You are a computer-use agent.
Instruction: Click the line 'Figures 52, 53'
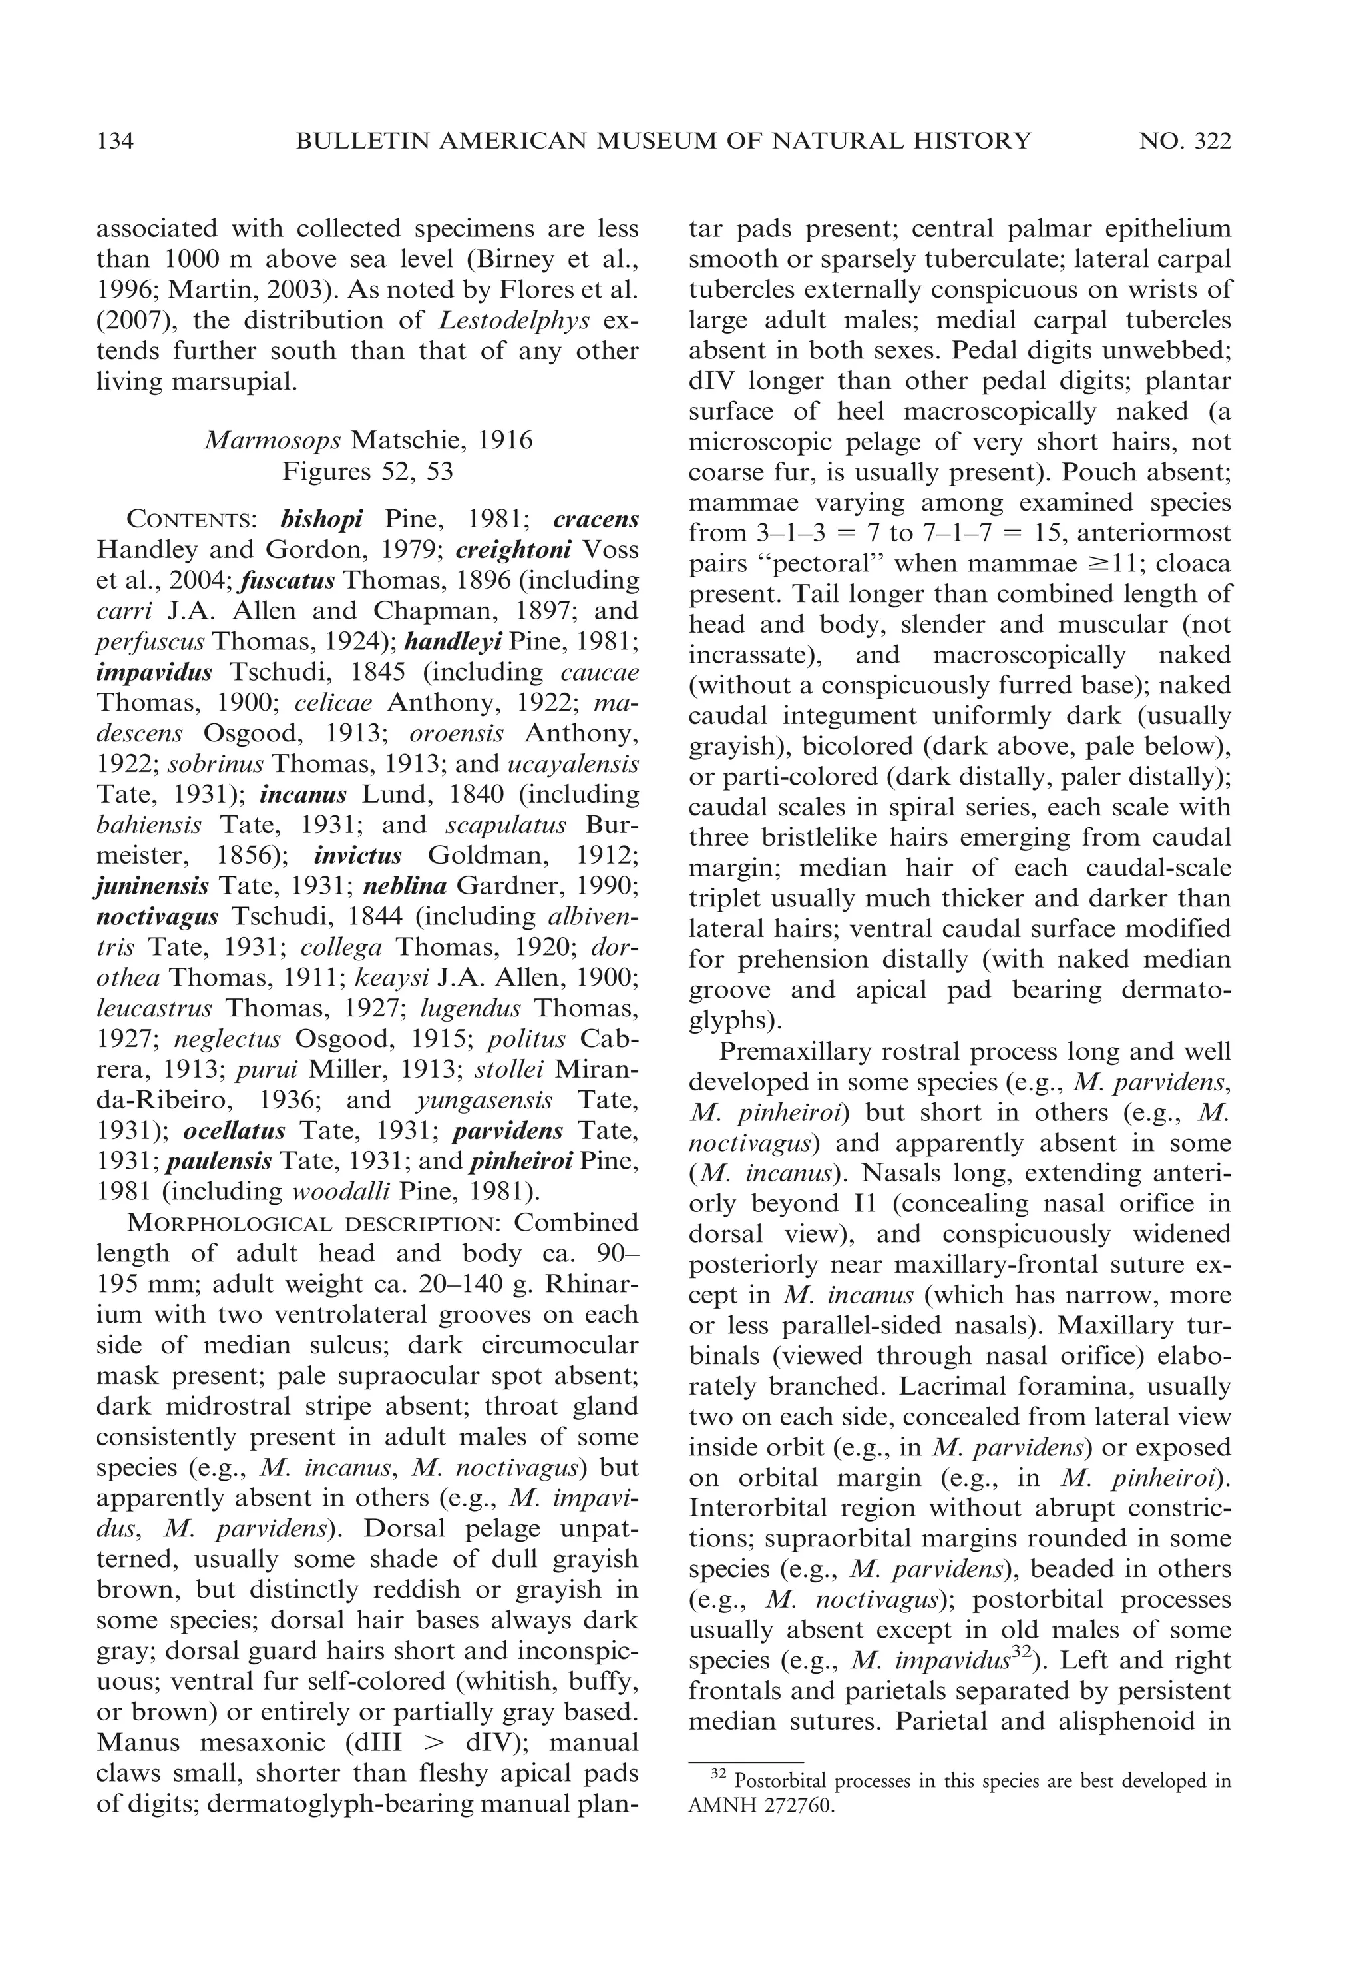pyautogui.click(x=368, y=472)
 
